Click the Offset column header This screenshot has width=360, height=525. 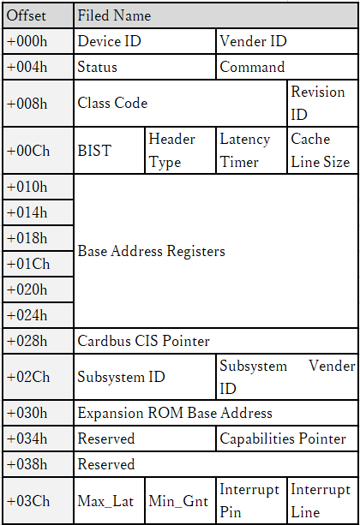coord(38,15)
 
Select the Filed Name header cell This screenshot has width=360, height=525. coord(216,15)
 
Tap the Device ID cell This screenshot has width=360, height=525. coord(145,41)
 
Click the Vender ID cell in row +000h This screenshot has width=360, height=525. coord(287,41)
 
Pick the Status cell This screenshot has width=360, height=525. coord(145,67)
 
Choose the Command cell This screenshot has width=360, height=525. coord(287,67)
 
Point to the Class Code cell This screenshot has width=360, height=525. coord(180,103)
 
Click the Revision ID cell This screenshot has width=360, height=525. coord(323,103)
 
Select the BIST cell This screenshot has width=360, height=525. coord(109,151)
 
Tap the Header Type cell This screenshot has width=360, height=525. coord(180,151)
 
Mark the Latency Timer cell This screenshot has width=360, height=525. coord(251,151)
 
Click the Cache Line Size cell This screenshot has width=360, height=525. coord(323,151)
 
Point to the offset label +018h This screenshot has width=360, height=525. coord(27,238)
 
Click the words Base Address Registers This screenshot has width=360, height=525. coord(151,251)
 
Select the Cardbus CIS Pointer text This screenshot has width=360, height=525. coord(143,341)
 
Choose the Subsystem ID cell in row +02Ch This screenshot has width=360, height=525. coord(145,377)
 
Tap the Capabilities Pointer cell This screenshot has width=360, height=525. coord(287,438)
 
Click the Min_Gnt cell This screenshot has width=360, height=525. coord(180,501)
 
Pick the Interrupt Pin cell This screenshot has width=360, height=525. coord(251,501)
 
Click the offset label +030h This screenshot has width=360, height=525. coord(27,413)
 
